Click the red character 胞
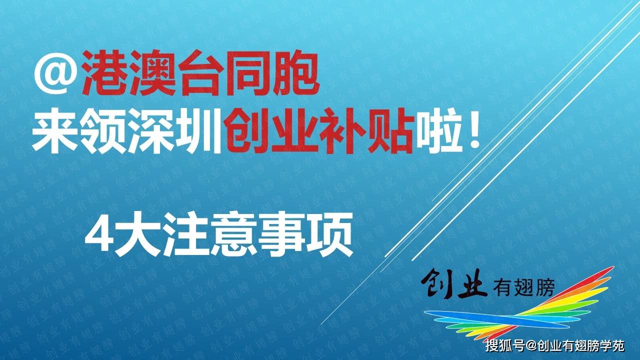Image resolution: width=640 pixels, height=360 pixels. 295,73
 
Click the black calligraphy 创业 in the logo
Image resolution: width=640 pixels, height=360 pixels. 454,283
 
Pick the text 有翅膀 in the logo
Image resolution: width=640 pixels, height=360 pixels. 523,287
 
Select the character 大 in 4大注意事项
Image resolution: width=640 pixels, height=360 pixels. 137,234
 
